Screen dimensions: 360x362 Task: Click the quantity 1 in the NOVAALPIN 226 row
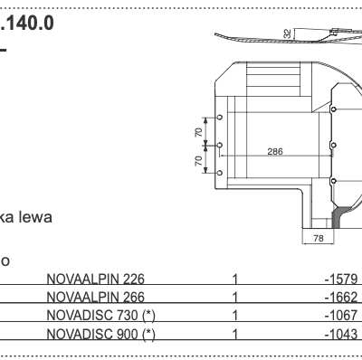coord(235,279)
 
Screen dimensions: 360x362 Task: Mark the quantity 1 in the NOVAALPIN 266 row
coord(235,297)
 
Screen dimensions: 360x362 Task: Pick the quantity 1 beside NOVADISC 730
coord(235,315)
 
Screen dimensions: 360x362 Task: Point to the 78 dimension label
coord(318,238)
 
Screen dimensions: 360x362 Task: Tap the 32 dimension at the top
coord(287,34)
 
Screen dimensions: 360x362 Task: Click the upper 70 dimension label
coord(198,132)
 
